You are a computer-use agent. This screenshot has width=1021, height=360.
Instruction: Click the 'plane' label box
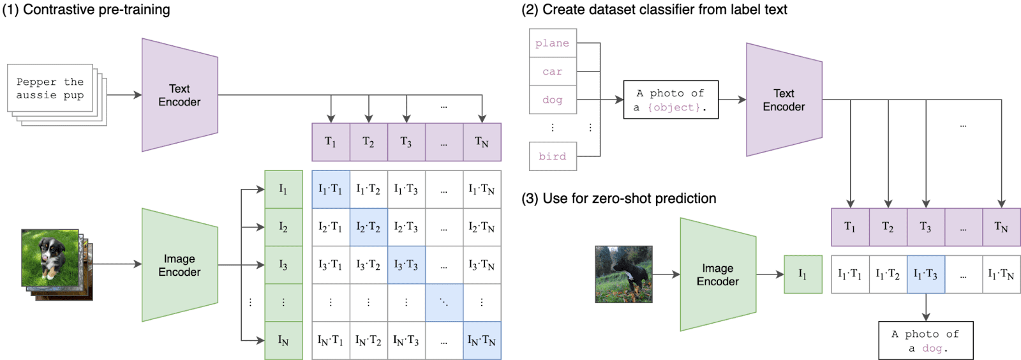[x=553, y=43]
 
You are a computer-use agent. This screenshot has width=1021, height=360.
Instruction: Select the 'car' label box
[x=553, y=71]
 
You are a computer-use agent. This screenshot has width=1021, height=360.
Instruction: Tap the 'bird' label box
[x=553, y=156]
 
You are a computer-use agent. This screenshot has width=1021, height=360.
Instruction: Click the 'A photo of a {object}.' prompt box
[x=670, y=100]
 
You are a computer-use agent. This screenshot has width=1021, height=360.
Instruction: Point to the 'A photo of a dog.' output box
[x=925, y=341]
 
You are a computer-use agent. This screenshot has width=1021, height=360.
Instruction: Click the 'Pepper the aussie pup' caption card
[x=50, y=89]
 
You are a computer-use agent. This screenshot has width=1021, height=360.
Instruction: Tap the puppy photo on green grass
[x=50, y=259]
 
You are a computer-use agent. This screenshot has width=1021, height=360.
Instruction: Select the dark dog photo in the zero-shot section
[x=623, y=274]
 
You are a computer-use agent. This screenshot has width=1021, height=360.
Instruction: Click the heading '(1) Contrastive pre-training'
[x=86, y=10]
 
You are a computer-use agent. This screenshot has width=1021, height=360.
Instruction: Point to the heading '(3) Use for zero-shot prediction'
[x=619, y=199]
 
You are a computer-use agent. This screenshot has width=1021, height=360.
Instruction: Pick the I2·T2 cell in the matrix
[x=368, y=227]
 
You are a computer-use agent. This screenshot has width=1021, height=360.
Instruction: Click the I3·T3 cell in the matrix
[x=406, y=265]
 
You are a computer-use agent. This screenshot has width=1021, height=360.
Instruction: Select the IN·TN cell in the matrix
[x=482, y=341]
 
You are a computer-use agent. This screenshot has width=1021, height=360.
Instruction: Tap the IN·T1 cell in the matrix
[x=331, y=341]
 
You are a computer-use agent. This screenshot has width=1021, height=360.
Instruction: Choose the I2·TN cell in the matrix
[x=482, y=227]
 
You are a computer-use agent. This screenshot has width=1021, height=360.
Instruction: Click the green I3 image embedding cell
[x=283, y=265]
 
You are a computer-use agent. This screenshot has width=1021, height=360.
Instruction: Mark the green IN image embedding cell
[x=283, y=341]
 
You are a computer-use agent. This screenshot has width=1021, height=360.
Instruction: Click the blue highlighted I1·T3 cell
[x=925, y=274]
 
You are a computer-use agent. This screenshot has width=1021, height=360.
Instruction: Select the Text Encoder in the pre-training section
[x=179, y=95]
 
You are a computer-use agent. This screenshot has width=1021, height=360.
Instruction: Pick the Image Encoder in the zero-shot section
[x=718, y=274]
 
